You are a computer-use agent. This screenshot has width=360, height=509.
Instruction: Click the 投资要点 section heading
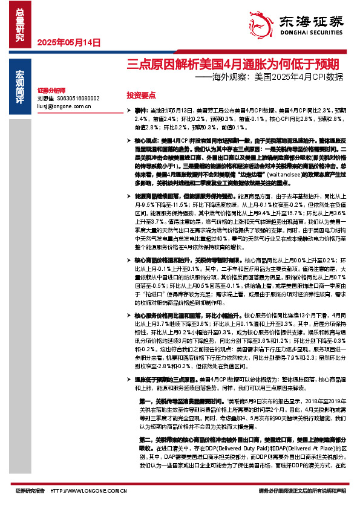tap(141, 96)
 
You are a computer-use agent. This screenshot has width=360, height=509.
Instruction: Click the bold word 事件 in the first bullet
tap(140, 112)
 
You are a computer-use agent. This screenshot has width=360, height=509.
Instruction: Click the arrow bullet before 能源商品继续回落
tap(128, 196)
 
